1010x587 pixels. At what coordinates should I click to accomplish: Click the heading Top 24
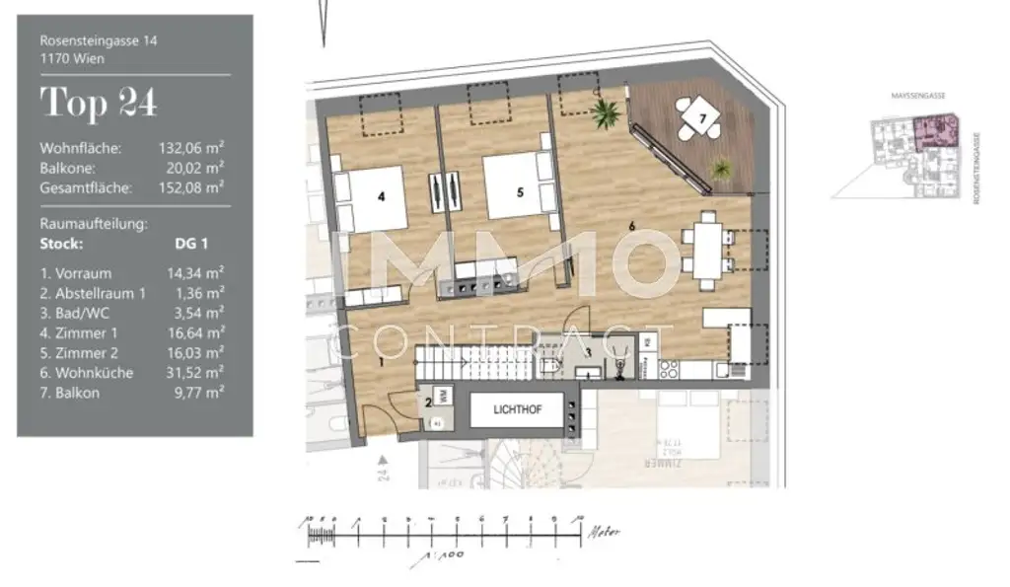coord(99,102)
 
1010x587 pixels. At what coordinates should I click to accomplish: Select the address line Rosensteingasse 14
coord(99,41)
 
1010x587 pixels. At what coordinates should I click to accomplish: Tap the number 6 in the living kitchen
coord(631,226)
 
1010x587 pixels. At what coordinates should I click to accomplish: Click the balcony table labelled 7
coord(700,119)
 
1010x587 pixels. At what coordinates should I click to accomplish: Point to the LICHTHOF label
coord(519,408)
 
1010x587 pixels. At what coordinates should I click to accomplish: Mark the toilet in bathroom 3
coord(552,368)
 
